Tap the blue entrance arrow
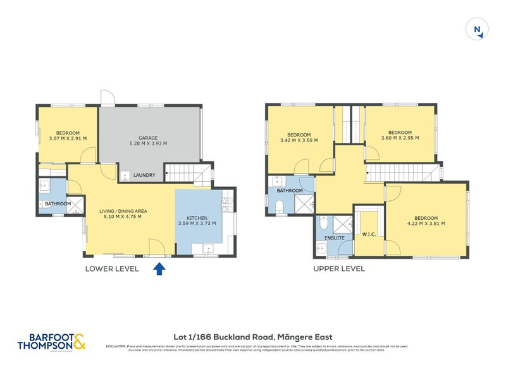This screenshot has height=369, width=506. pyautogui.click(x=159, y=269)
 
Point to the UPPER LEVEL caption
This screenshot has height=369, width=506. pyautogui.click(x=339, y=269)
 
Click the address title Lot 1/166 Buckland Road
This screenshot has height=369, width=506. pyautogui.click(x=253, y=337)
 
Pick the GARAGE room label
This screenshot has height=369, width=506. pyautogui.click(x=148, y=138)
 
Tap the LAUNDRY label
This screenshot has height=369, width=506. pyautogui.click(x=144, y=175)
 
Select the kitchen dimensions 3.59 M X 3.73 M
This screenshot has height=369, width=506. pyautogui.click(x=199, y=224)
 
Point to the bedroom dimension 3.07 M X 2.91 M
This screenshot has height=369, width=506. pyautogui.click(x=68, y=138)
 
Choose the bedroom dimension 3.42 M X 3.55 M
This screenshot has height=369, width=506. pyautogui.click(x=299, y=141)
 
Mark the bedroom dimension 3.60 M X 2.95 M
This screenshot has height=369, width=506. pyautogui.click(x=400, y=138)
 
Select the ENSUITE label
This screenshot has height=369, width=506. pyautogui.click(x=334, y=237)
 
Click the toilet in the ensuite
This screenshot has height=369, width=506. pyautogui.click(x=323, y=222)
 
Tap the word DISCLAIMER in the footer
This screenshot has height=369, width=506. pyautogui.click(x=117, y=346)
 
